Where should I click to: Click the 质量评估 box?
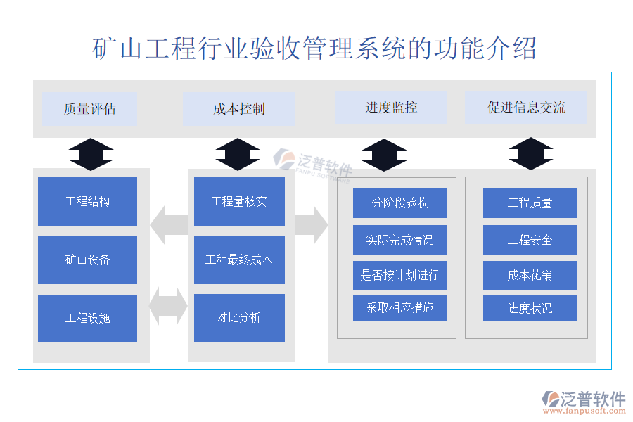tap(89, 109)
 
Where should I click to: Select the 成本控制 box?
tap(238, 109)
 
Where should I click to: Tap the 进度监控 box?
tap(391, 108)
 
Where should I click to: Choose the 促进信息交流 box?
tap(526, 108)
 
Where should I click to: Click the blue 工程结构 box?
tap(87, 202)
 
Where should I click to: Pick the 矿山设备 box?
tap(87, 260)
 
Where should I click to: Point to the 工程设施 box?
tap(87, 318)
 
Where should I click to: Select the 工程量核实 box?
tap(239, 202)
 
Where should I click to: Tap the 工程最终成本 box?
tap(239, 260)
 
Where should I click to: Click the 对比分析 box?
tap(239, 318)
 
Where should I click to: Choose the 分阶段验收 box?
tap(399, 203)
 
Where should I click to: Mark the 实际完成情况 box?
tap(399, 240)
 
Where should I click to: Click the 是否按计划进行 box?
tap(399, 275)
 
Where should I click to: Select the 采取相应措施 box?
tap(399, 308)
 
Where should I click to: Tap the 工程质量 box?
tap(530, 203)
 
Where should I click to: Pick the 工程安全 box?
tap(530, 240)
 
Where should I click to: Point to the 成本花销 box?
tap(530, 275)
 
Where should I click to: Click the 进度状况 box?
tap(530, 308)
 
